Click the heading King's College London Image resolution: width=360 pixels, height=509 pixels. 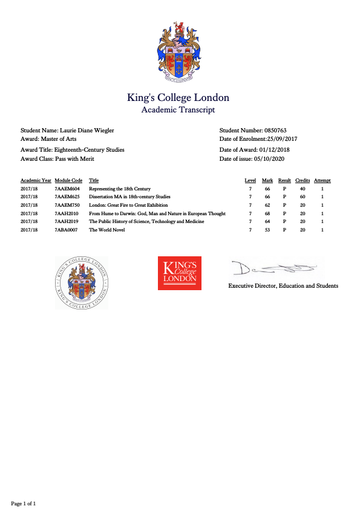click(178, 97)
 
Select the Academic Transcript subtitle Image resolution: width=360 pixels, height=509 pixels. click(178, 110)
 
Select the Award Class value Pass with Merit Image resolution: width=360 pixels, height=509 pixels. click(74, 159)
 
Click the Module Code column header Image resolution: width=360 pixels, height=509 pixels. click(68, 181)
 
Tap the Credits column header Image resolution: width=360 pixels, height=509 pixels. click(303, 181)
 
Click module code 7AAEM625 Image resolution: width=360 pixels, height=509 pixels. click(68, 197)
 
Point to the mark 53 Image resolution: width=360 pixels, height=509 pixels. click(267, 230)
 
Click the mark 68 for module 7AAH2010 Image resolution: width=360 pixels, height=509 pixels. click(267, 213)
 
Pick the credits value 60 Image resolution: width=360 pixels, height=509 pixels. click(303, 197)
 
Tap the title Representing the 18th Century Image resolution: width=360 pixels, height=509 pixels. click(119, 189)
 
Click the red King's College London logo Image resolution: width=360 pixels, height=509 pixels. click(180, 273)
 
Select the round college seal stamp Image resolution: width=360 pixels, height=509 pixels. click(82, 282)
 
